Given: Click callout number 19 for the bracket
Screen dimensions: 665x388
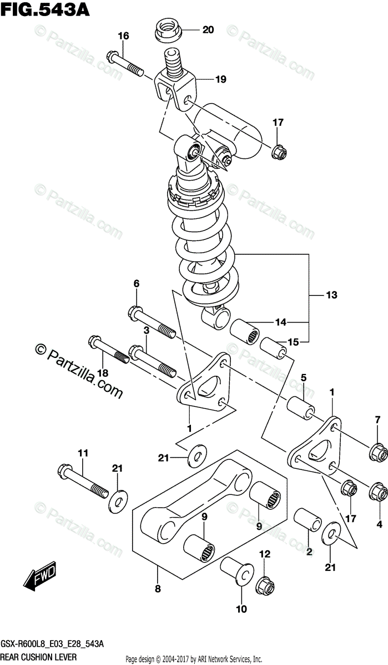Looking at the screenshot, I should (x=221, y=80).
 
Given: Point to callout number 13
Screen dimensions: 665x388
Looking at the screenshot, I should (x=331, y=295).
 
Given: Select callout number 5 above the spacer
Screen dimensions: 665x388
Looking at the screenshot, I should (x=304, y=378).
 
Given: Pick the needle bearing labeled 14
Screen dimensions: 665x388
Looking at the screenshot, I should (x=244, y=331).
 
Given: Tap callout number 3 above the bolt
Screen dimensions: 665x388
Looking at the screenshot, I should (x=146, y=330).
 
